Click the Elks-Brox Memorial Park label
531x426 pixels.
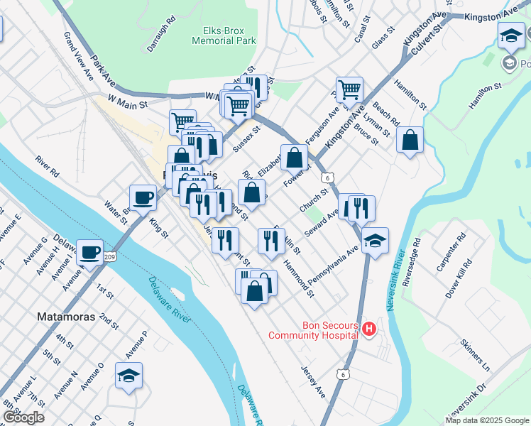coord(224,36)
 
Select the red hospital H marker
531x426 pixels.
coord(368,329)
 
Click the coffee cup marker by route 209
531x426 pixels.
coord(90,252)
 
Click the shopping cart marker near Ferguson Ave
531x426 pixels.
coord(349,90)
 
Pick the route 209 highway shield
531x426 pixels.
coord(109,255)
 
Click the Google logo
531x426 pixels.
coord(23,417)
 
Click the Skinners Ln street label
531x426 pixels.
coord(475,355)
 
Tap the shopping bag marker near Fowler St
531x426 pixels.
coord(294,157)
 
